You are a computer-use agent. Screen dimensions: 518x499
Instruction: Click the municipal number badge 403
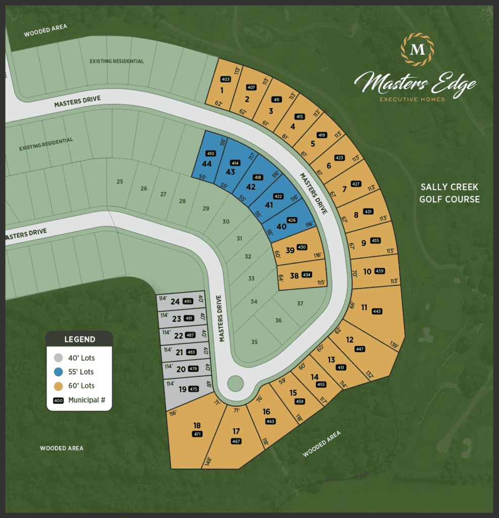tap(225, 79)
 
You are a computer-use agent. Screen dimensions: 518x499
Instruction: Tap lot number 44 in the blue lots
tap(206, 164)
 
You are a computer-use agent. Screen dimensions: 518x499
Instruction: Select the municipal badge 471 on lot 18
tap(197, 434)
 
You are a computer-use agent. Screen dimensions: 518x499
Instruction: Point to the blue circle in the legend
tap(59, 372)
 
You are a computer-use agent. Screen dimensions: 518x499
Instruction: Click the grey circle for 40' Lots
tap(59, 358)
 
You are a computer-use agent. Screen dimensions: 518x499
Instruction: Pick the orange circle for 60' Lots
tap(59, 386)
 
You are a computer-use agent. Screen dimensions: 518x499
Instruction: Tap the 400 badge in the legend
tap(58, 400)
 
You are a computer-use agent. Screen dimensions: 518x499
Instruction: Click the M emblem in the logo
tap(417, 50)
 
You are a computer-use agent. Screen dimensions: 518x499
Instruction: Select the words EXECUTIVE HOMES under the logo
tap(413, 100)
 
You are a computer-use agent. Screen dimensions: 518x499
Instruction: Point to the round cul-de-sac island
tap(235, 383)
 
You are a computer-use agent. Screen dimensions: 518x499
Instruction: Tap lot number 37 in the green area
tap(300, 304)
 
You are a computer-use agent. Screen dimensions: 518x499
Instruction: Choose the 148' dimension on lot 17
tap(208, 461)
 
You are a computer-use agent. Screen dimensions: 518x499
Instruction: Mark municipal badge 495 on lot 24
tap(188, 301)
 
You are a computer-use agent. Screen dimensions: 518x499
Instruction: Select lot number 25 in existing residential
tap(120, 182)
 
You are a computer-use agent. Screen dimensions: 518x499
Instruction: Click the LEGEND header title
tap(79, 339)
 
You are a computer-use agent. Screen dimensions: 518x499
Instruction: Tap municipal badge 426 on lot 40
tap(292, 220)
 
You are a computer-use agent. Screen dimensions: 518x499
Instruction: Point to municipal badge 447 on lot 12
tap(359, 349)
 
